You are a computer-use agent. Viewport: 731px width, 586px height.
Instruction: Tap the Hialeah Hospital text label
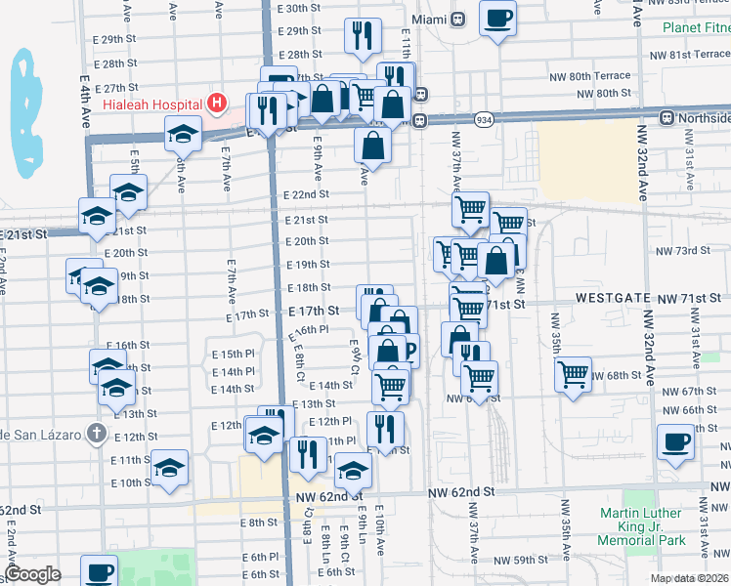tap(160, 104)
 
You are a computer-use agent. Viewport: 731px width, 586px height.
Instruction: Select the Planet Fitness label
tap(695, 27)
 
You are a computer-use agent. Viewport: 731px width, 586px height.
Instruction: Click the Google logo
tap(32, 574)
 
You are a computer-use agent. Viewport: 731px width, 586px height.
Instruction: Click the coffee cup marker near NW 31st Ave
tap(675, 440)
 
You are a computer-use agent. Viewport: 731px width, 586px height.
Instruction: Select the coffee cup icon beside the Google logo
tap(99, 570)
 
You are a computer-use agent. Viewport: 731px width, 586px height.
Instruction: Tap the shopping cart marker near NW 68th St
tap(573, 373)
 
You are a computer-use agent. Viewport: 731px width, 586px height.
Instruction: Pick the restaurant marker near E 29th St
tap(363, 35)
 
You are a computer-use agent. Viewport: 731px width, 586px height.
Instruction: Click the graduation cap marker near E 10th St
tap(170, 468)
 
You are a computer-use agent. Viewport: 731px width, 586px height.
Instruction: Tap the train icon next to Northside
tap(666, 118)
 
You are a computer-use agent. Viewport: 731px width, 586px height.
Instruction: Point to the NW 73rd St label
tap(682, 251)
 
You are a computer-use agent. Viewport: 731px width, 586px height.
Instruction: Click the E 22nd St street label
tap(305, 194)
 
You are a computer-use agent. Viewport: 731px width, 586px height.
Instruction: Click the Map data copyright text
tap(689, 578)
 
